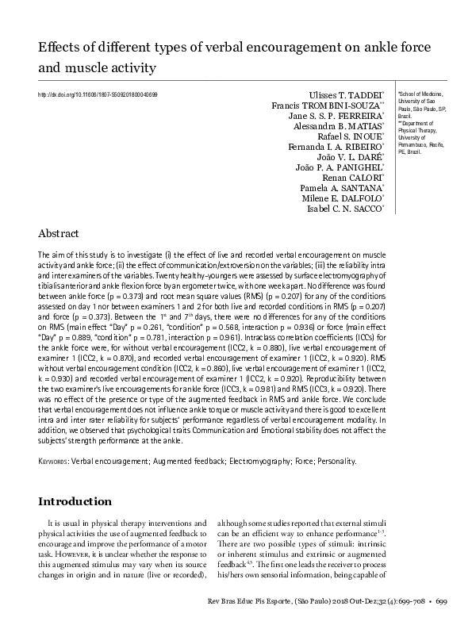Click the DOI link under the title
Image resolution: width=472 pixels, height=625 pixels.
tap(97, 94)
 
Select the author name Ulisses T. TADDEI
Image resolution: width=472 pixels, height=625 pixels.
tap(344, 94)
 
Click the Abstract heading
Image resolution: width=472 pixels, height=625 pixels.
tap(59, 234)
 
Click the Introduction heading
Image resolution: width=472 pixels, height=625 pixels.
tap(75, 501)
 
